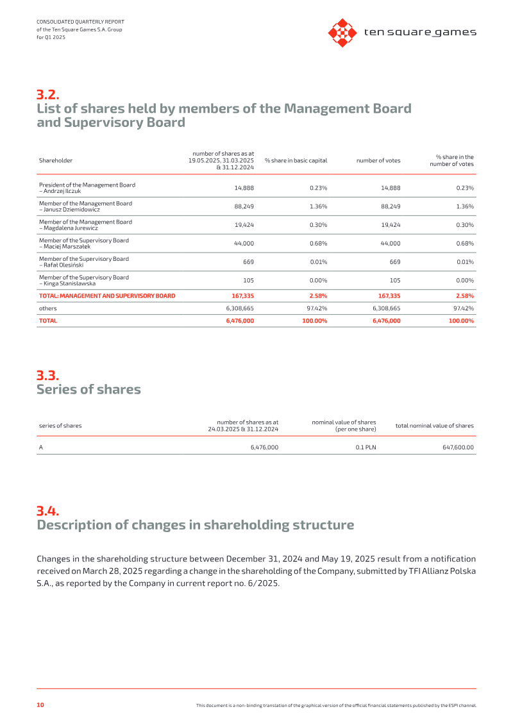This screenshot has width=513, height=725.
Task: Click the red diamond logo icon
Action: (342, 33)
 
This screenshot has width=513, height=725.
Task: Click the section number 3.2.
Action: (48, 94)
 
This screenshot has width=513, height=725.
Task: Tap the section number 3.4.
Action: (48, 511)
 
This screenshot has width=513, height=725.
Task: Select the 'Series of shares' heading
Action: (89, 389)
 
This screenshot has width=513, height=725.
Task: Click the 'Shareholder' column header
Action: (56, 160)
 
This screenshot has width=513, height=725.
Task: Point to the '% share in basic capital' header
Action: (296, 160)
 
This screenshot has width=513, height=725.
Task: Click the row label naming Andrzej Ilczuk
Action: (87, 188)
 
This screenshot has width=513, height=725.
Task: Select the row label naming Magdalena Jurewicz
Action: (85, 225)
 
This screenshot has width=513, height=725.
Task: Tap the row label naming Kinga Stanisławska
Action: (84, 280)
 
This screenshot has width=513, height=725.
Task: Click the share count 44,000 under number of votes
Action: (391, 243)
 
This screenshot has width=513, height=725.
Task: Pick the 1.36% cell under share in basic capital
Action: (318, 206)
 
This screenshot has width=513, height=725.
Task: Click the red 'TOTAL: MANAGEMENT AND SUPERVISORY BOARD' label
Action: (107, 296)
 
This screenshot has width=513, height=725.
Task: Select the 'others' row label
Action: (47, 308)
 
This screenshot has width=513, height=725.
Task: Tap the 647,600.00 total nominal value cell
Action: (458, 447)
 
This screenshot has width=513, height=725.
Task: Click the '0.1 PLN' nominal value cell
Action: (366, 447)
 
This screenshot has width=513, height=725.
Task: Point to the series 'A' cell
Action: (40, 447)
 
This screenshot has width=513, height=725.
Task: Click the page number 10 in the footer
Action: (40, 704)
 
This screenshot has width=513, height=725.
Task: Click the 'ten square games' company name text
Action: (420, 32)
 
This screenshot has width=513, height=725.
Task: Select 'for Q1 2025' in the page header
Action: (51, 37)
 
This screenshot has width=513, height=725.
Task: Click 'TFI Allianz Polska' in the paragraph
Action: (442, 571)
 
